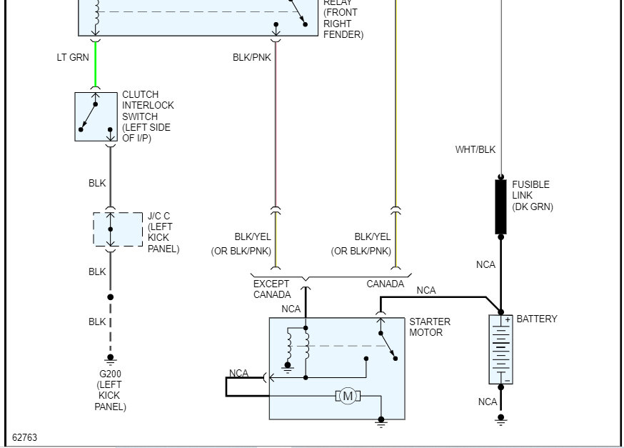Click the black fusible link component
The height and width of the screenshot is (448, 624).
[501, 206]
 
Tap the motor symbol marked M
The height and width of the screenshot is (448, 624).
[348, 396]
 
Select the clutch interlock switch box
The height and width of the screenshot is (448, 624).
[96, 116]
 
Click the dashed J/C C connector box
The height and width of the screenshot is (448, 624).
[118, 229]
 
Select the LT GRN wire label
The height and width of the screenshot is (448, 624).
[73, 58]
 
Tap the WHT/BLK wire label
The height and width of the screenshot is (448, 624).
[475, 150]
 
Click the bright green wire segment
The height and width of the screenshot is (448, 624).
[96, 64]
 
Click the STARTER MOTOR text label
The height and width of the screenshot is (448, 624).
[430, 327]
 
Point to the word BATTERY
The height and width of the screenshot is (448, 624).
[536, 319]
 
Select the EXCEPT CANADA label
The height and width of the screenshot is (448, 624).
[272, 289]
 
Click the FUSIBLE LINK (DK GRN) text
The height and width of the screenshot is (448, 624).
[532, 196]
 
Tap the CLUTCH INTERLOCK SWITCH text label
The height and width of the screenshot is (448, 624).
[148, 116]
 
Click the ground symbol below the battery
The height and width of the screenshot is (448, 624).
[500, 419]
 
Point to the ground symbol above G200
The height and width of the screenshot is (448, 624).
[110, 358]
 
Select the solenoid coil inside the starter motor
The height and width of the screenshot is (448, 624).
[298, 344]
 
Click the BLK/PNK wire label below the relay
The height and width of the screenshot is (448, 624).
[252, 58]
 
